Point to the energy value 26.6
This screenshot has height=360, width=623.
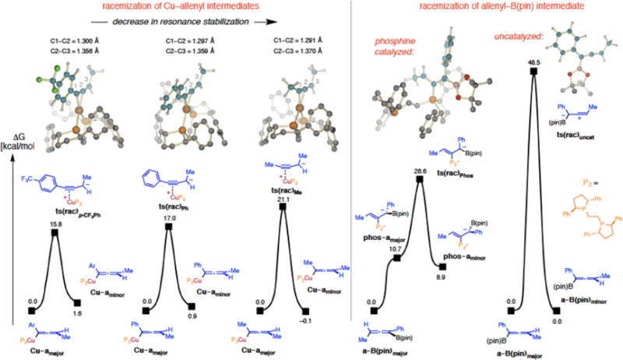click(x=420, y=170)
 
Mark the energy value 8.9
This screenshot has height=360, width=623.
click(x=444, y=277)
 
